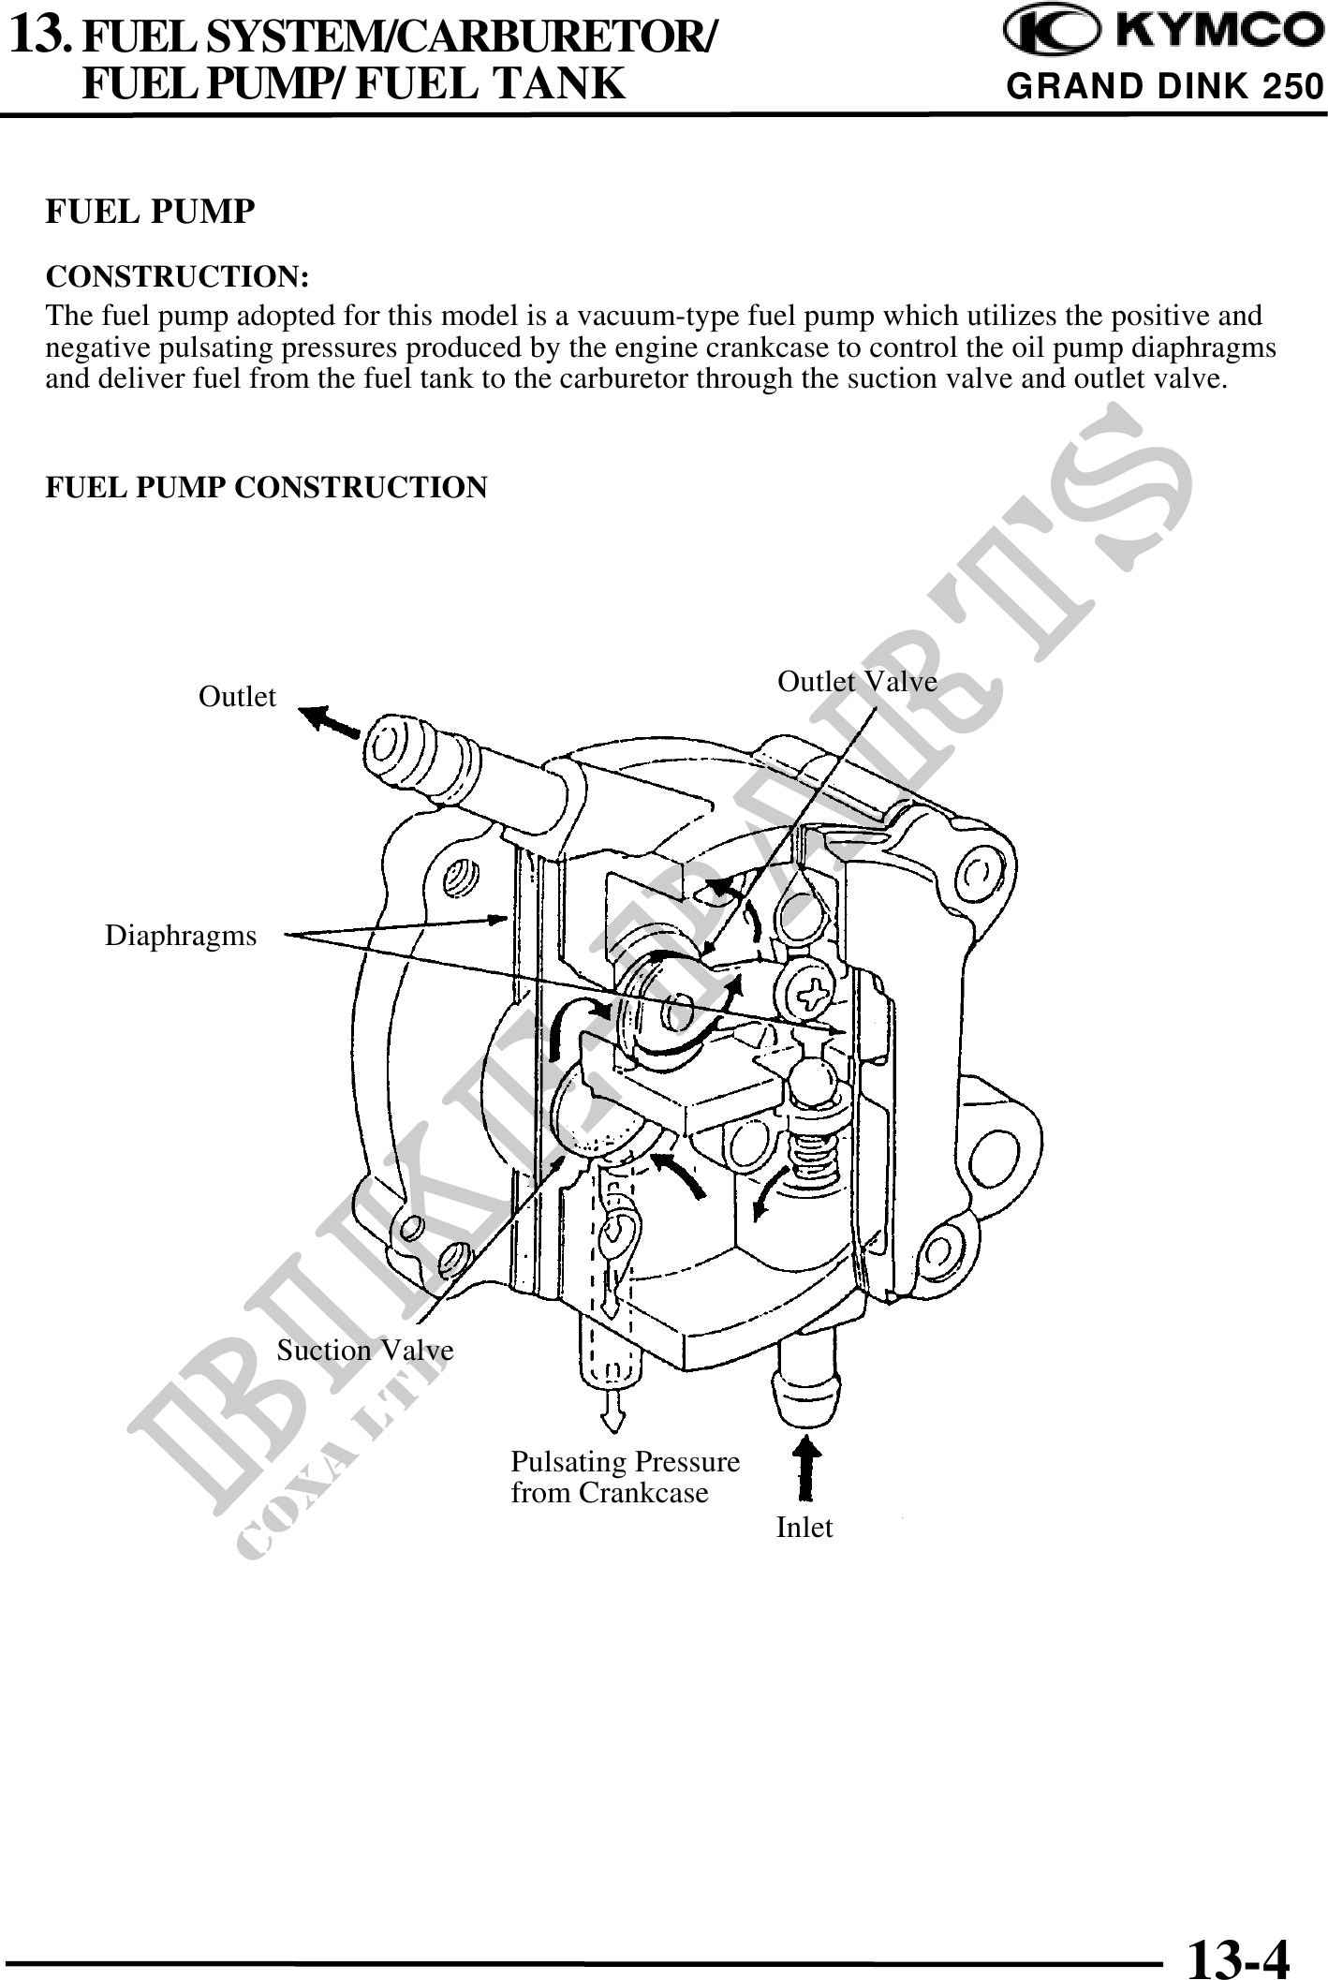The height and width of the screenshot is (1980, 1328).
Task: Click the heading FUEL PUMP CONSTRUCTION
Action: point(267,488)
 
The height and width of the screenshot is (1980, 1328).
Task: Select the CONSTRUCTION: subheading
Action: point(178,277)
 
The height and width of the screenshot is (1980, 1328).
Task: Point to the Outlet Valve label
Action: point(857,682)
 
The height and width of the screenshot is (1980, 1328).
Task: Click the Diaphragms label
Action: point(180,935)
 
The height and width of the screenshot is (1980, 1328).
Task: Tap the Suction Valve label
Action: point(365,1350)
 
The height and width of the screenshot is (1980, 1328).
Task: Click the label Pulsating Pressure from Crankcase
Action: point(625,1477)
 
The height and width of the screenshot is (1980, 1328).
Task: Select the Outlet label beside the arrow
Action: point(238,697)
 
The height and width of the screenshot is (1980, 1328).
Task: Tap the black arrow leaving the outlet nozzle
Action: point(330,722)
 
